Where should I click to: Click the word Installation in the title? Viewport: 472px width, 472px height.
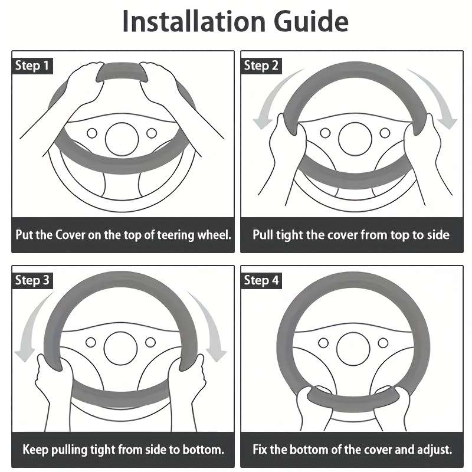pos(194,21)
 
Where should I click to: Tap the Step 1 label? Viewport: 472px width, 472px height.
pos(32,66)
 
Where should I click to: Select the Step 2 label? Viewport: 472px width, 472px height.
pos(261,66)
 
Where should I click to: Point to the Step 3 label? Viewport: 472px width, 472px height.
pos(32,281)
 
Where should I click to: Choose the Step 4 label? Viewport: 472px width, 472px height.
pos(261,281)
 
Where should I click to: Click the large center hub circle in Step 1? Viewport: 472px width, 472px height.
pos(122,139)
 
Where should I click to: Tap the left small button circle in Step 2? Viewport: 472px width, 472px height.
pos(325,133)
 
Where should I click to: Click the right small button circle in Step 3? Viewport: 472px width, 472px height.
pos(150,342)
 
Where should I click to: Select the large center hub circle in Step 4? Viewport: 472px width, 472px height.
pos(353,349)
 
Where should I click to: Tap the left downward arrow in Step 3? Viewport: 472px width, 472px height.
pos(30,325)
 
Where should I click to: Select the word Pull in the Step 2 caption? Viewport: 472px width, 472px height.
pos(263,235)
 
